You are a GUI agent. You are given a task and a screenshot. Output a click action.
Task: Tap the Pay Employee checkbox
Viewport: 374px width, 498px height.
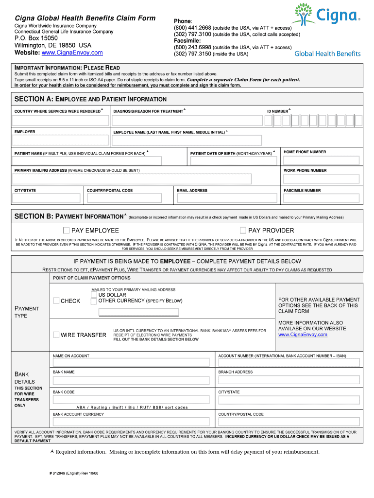pos(66,230)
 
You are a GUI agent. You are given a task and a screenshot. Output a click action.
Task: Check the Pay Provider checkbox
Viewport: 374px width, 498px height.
pos(243,230)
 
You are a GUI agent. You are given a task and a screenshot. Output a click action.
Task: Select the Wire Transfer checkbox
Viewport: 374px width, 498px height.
pos(56,335)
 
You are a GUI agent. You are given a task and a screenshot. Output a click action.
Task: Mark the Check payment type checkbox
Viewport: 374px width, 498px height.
pos(56,301)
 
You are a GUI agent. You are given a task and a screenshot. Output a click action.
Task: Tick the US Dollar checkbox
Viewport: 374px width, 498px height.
pos(94,295)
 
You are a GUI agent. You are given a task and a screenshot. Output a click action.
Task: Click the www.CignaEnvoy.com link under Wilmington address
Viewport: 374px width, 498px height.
pos(72,53)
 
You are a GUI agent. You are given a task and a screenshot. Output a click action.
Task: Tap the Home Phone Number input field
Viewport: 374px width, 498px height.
pos(321,160)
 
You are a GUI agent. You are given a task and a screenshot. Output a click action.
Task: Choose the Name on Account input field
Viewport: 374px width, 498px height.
pos(132,362)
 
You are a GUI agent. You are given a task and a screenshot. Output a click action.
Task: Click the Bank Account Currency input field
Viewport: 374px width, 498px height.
pos(132,421)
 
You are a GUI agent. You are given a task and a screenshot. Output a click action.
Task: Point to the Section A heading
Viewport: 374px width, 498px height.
pos(90,99)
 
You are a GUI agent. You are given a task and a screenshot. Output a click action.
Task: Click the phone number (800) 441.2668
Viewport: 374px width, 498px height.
pos(193,28)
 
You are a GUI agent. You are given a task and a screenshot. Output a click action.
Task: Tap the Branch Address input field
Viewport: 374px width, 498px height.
pos(289,379)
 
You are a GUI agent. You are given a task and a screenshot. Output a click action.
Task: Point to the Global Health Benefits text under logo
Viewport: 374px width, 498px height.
pos(327,53)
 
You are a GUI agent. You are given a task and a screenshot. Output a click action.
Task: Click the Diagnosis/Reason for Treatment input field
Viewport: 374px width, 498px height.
pos(187,120)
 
